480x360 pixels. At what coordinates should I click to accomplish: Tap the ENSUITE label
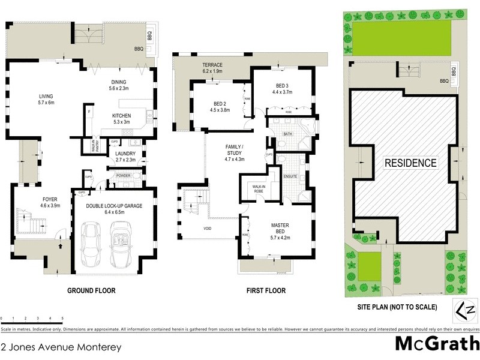point(290,176)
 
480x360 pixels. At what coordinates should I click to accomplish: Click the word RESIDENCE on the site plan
point(410,163)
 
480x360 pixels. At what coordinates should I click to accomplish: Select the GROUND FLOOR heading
point(91,291)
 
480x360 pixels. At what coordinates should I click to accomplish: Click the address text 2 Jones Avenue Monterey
point(61,347)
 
